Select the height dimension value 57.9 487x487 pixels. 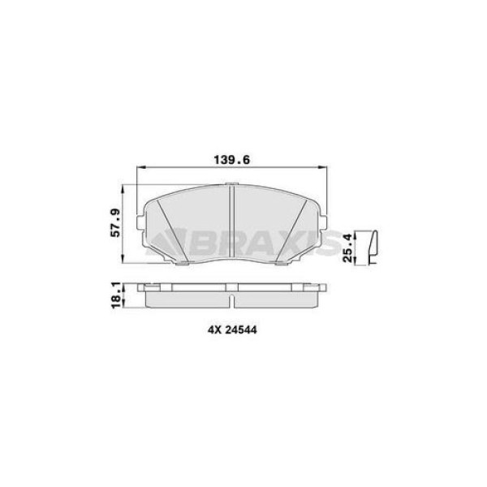tap(115, 223)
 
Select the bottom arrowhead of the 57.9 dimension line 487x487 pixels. tap(123, 261)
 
